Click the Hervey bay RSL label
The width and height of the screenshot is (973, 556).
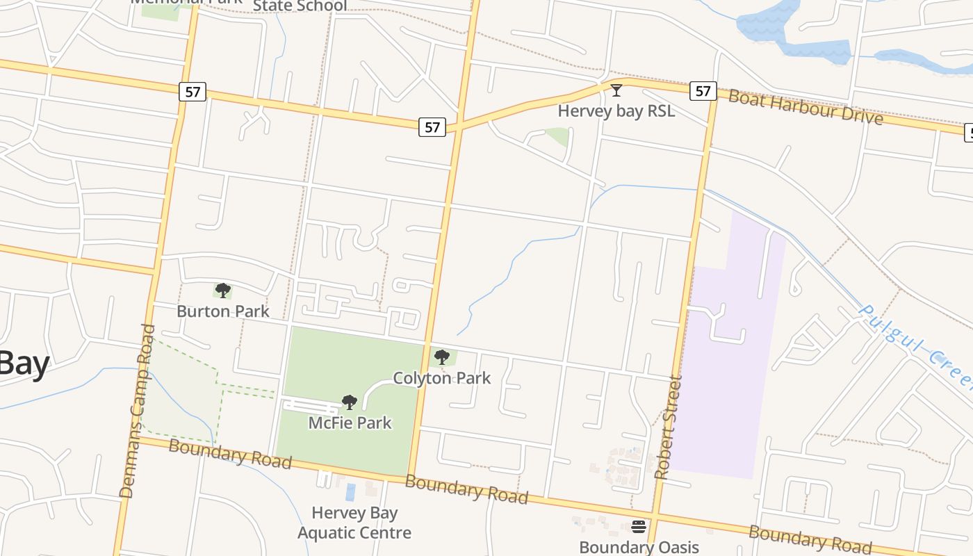pos(616,111)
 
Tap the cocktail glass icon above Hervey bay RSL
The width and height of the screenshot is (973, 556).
pos(616,90)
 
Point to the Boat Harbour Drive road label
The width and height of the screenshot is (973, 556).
pos(806,106)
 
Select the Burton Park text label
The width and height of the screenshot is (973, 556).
pos(222,311)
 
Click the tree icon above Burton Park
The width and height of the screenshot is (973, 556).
pos(222,290)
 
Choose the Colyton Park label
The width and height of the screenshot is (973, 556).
pos(441,378)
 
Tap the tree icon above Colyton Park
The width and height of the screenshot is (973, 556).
pos(441,358)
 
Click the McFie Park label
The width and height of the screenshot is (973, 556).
pos(350,423)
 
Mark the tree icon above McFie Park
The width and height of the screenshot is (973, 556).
pos(350,402)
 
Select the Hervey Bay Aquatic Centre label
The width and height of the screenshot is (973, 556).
pos(354,523)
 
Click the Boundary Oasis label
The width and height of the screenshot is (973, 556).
pos(639,547)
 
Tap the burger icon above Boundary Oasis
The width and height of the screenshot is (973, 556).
pos(639,526)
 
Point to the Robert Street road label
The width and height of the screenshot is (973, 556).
pos(667,427)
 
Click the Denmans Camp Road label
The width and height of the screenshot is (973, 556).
pos(136,410)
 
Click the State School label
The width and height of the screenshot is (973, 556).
pos(300,6)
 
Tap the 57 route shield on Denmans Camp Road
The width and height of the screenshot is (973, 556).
pos(193,91)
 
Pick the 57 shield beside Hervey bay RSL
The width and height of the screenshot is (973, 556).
pos(703,90)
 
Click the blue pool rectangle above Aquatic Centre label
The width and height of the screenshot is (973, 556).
pos(350,492)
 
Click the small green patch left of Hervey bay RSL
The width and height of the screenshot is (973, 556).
pos(558,136)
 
